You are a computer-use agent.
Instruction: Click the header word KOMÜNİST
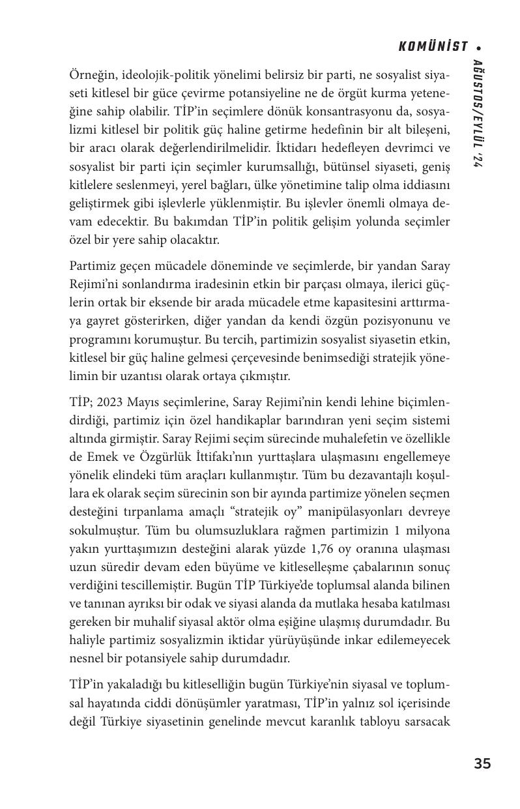433,47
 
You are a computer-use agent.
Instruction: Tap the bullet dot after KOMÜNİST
479,48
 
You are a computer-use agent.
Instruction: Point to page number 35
482,764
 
